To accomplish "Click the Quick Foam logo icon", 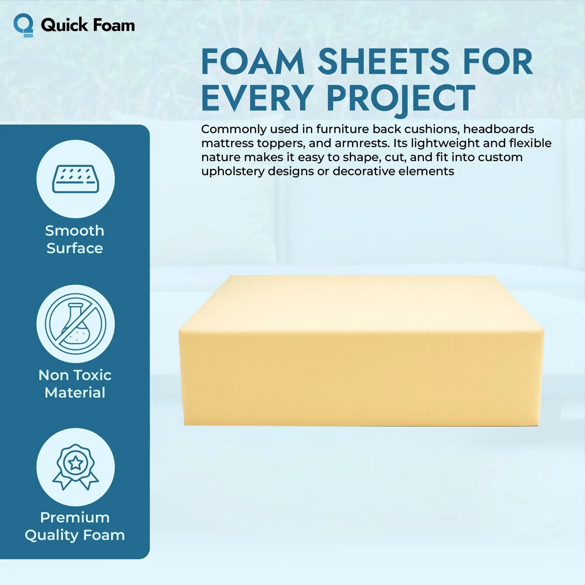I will [23, 25].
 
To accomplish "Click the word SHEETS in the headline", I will [383, 62].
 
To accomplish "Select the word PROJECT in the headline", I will [400, 98].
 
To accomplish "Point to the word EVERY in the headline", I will [257, 98].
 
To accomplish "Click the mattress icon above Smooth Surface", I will [76, 179].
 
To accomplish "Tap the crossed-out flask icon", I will [76, 324].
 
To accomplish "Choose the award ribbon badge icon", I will [76, 467].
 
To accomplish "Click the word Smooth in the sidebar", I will [75, 231].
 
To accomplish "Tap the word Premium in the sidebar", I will [75, 517].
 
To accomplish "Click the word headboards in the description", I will [498, 129].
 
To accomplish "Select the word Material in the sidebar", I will [75, 393].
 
